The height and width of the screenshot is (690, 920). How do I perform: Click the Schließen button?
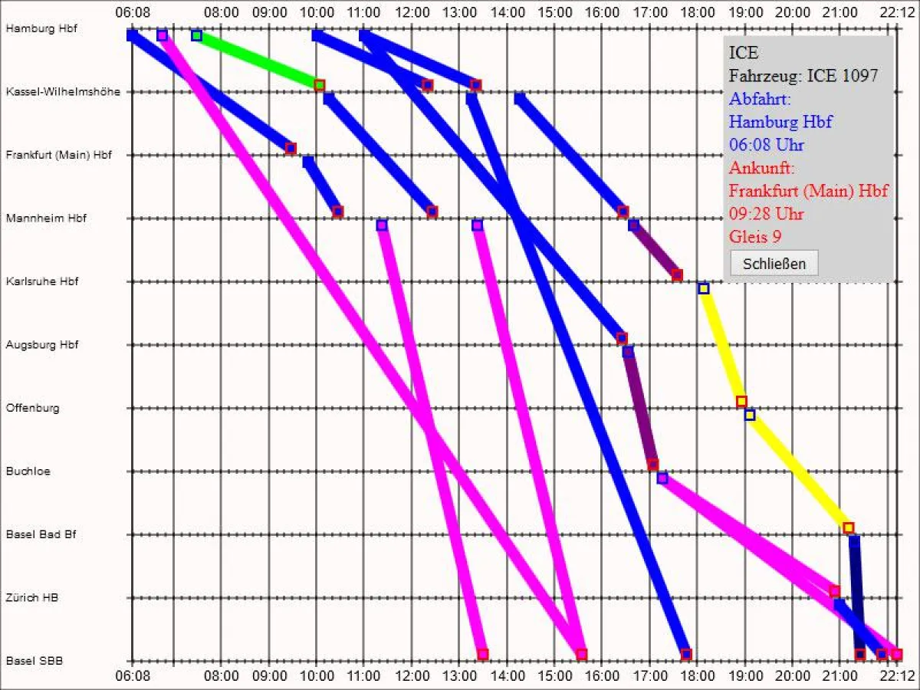[774, 263]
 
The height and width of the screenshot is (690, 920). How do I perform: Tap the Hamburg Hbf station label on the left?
[35, 28]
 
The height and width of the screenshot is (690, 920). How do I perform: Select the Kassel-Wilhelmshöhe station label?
[63, 91]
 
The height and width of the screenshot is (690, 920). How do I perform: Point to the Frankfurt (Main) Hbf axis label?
[58, 155]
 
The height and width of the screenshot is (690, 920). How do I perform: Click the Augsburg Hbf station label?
[41, 345]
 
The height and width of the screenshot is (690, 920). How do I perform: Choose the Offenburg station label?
[32, 408]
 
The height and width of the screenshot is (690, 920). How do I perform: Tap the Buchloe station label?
[28, 472]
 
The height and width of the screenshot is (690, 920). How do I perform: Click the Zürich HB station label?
[32, 597]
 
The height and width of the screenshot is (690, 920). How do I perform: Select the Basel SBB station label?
[34, 660]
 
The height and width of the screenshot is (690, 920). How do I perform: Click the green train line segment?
[258, 60]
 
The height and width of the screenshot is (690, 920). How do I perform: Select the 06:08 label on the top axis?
[132, 12]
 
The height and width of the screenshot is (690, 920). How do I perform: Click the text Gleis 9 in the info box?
[755, 237]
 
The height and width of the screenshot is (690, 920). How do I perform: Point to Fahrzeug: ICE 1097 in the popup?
[803, 75]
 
